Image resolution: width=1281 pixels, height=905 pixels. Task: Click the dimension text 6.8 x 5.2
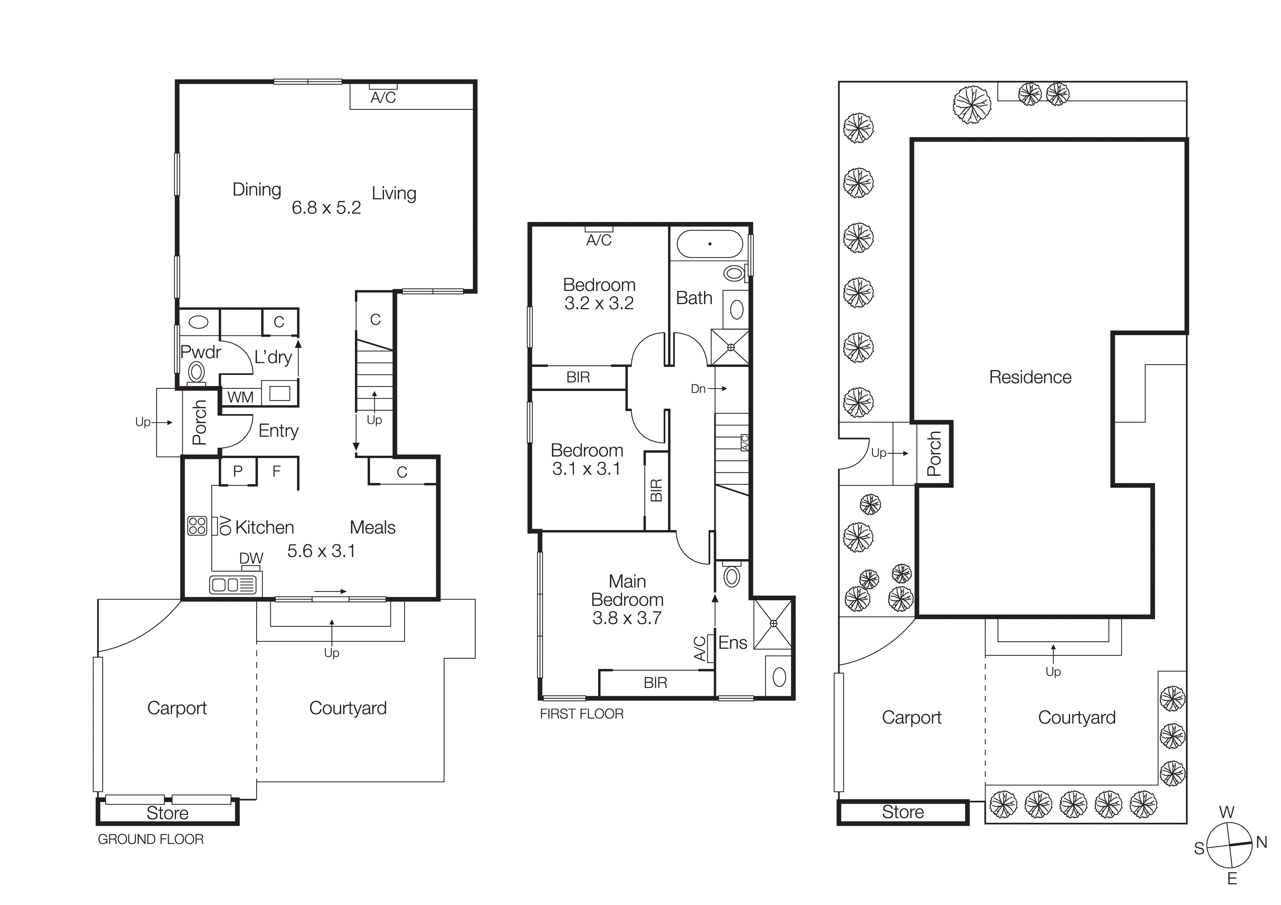click(x=326, y=208)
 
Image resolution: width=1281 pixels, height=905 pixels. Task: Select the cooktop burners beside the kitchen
click(x=197, y=526)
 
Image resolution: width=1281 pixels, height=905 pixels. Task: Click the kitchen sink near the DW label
click(x=233, y=585)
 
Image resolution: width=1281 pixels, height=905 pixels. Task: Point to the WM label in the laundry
click(x=241, y=398)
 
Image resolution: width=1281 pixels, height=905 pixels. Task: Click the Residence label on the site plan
click(x=1030, y=377)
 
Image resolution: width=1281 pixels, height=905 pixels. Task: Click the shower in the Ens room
click(x=773, y=624)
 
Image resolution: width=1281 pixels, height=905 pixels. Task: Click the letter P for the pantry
click(x=238, y=471)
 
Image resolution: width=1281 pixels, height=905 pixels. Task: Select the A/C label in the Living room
click(x=383, y=98)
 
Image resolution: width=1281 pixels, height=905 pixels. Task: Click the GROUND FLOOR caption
click(x=151, y=839)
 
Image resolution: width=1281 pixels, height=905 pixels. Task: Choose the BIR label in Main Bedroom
click(x=655, y=683)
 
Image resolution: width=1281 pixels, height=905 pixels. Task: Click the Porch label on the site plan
click(x=934, y=453)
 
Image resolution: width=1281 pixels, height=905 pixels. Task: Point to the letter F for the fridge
click(x=276, y=472)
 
